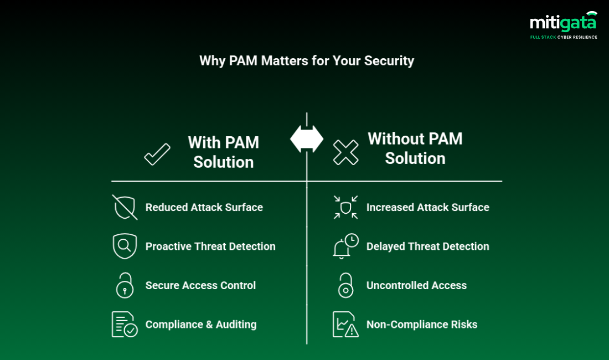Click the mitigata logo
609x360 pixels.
coord(563,22)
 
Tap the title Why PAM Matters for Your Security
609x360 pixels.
coord(307,60)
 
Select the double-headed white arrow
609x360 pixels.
coord(307,139)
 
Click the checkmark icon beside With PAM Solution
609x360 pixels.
coord(157,154)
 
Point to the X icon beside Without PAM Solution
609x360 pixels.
coord(345,152)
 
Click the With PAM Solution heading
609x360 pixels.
coord(224,152)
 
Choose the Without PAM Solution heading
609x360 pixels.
coord(415,148)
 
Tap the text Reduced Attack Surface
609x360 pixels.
coord(204,207)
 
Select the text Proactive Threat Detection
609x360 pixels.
coord(210,246)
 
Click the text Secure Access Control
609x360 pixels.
coord(200,285)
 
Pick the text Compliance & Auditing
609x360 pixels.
coord(201,325)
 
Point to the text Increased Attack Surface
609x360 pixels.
coord(428,207)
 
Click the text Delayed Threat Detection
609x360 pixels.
coord(428,246)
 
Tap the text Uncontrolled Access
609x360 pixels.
coord(416,285)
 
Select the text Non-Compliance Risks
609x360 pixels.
coord(422,325)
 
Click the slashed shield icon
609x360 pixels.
coord(125,207)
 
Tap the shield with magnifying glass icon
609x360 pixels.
coord(125,246)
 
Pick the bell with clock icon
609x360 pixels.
coord(345,246)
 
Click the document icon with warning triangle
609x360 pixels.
coord(345,325)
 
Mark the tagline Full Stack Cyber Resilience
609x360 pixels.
coord(564,37)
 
